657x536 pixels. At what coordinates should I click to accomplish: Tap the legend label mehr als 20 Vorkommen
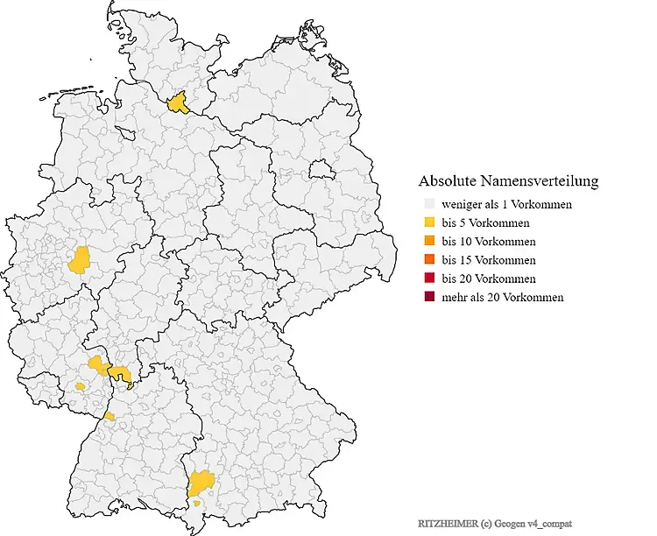click(502, 298)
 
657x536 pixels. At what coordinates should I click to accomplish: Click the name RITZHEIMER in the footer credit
click(445, 522)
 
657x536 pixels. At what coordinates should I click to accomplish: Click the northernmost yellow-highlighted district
click(180, 103)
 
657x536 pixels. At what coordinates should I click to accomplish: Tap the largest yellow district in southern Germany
click(201, 482)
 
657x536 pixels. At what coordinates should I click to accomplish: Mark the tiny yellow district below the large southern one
click(198, 504)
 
